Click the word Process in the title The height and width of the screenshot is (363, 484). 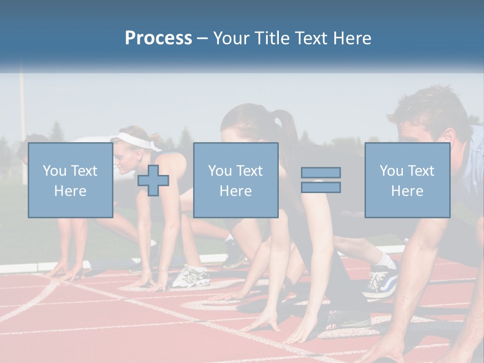[x=158, y=38]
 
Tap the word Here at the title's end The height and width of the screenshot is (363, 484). [x=351, y=38]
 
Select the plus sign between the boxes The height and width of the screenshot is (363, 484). [x=153, y=180]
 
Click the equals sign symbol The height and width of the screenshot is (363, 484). [x=321, y=180]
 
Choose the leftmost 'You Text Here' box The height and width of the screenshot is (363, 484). [x=71, y=180]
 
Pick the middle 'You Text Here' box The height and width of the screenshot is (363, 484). [x=236, y=180]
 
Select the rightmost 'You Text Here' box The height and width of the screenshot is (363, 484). [x=407, y=180]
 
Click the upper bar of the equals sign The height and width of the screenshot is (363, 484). [x=321, y=173]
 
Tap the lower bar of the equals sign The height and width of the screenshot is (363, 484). [x=321, y=187]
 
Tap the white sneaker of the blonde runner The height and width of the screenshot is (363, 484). [x=191, y=276]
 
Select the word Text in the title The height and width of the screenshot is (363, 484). [x=312, y=38]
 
